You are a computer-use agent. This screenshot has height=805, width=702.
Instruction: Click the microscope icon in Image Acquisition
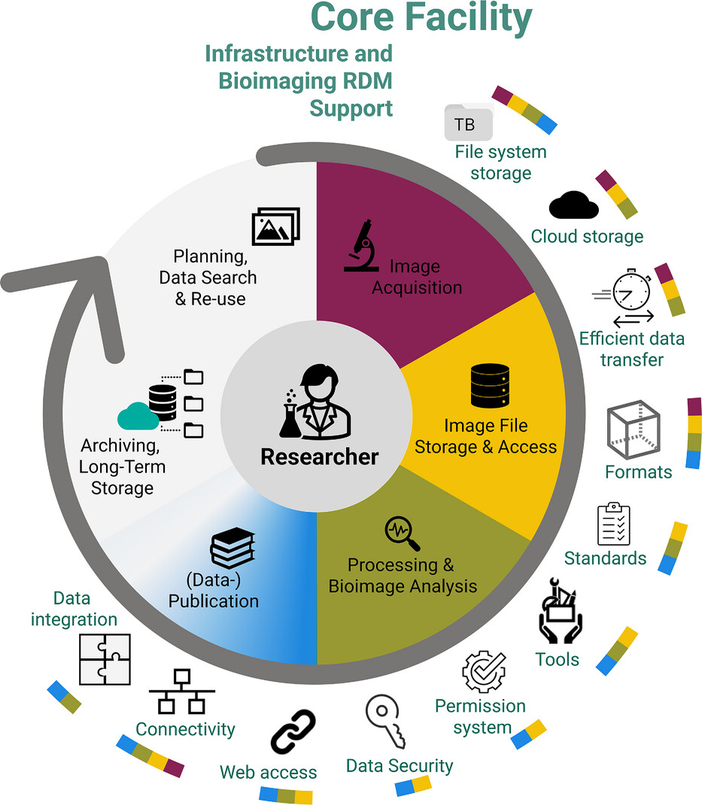click(x=361, y=245)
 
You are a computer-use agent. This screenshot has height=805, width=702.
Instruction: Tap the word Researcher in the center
click(x=320, y=456)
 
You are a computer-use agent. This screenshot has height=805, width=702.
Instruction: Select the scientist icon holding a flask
click(x=316, y=402)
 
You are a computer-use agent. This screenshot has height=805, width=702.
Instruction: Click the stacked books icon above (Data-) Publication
click(x=232, y=547)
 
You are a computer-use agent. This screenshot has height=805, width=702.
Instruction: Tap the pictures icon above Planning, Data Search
click(x=275, y=226)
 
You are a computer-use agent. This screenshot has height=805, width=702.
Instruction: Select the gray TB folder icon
click(x=468, y=122)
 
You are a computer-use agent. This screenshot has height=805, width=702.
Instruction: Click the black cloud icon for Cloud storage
click(x=573, y=205)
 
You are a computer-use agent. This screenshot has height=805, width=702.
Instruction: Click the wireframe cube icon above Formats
click(x=634, y=430)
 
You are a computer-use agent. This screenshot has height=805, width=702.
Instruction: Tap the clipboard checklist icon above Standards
click(x=613, y=524)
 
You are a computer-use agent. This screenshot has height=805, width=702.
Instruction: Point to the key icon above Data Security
click(x=385, y=722)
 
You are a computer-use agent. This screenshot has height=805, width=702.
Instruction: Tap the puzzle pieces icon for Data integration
click(x=105, y=659)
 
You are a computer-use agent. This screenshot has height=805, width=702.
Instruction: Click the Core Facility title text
click(x=421, y=18)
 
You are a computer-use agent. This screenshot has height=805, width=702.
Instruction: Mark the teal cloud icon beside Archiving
click(x=138, y=415)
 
